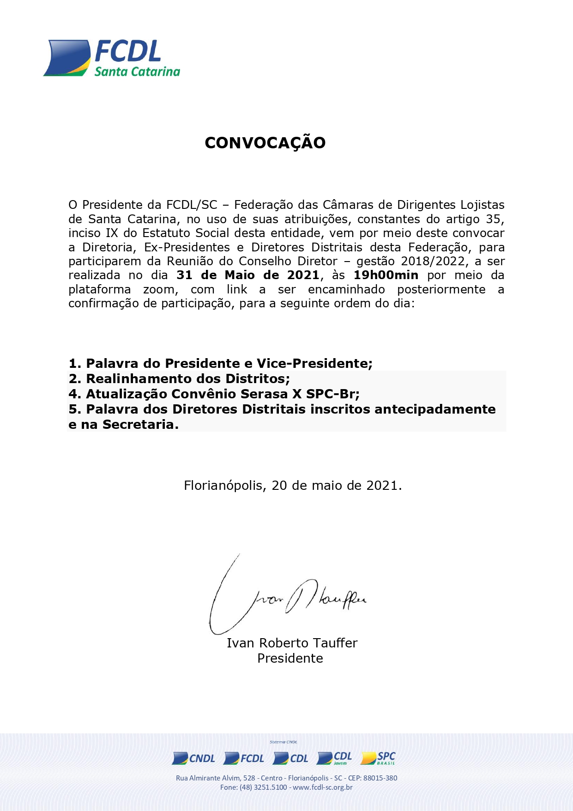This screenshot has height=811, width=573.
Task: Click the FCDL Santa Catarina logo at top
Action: [112, 58]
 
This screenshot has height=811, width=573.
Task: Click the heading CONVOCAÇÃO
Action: [265, 143]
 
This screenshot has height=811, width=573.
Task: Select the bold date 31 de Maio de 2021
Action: [247, 275]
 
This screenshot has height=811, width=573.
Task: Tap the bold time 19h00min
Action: [386, 275]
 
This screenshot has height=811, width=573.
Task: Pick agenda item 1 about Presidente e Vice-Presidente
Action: [220, 363]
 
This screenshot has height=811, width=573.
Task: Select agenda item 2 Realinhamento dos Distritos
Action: [179, 378]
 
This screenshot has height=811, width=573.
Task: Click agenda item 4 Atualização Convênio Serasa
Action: [214, 394]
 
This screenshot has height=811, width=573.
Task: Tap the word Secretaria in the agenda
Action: [140, 424]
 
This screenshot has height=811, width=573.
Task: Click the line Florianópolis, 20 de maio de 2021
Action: [293, 485]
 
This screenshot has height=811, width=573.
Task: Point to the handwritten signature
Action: [286, 596]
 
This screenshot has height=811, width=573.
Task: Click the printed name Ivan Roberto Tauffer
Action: [292, 643]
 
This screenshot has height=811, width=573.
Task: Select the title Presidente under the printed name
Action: [290, 658]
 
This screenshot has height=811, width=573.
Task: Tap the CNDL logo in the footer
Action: [194, 758]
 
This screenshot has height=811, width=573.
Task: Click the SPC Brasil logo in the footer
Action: [379, 758]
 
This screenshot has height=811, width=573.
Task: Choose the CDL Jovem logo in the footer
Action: [335, 758]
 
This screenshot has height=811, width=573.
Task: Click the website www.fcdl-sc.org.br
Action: [323, 787]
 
